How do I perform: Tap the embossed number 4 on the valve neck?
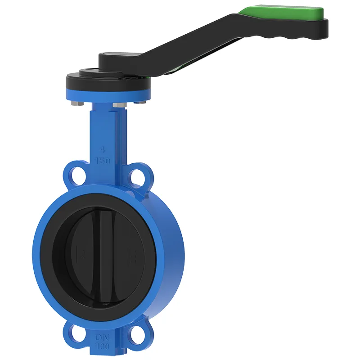click(103, 149)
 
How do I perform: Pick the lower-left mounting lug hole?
click(76, 332)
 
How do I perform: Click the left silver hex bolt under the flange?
click(76, 105)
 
